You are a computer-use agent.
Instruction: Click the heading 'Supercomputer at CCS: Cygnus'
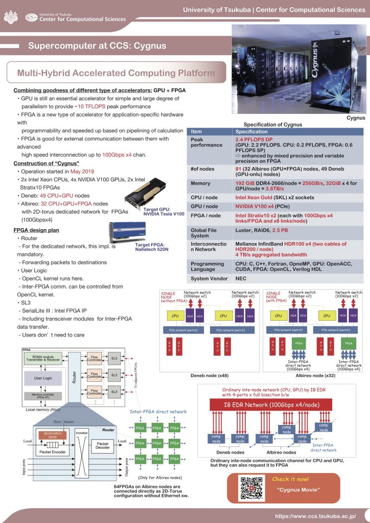click(x=97, y=46)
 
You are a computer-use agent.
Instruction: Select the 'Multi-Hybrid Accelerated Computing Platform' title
click(x=116, y=73)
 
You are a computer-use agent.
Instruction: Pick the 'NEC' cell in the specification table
click(x=240, y=278)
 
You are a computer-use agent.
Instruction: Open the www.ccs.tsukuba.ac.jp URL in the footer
click(x=315, y=515)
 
